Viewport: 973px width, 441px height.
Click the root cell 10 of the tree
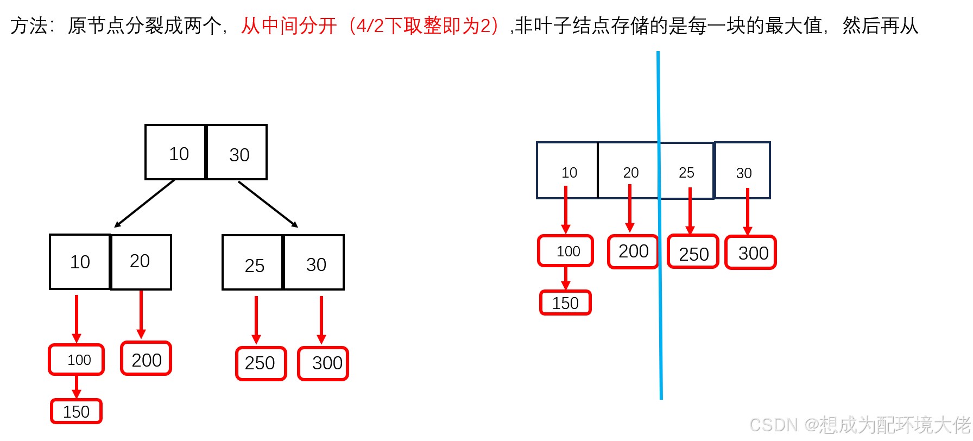pos(175,153)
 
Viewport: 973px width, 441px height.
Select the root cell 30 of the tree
pos(237,153)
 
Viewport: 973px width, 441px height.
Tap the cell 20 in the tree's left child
pos(141,262)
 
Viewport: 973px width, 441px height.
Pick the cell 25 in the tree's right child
pos(253,263)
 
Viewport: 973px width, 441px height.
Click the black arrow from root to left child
pos(144,203)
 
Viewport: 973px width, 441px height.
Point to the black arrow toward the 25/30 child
pos(268,204)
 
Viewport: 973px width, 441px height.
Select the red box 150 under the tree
pos(77,412)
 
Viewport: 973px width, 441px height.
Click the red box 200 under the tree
pos(146,359)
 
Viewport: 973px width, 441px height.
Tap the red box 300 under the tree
pos(324,363)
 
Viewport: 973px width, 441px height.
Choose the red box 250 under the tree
pos(261,363)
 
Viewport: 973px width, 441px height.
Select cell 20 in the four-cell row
pos(629,171)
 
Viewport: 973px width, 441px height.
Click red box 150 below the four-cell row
pos(565,303)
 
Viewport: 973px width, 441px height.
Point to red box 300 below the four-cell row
pos(751,253)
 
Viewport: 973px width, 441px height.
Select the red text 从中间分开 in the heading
pos(288,26)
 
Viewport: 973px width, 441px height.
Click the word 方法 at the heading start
pos(29,26)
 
